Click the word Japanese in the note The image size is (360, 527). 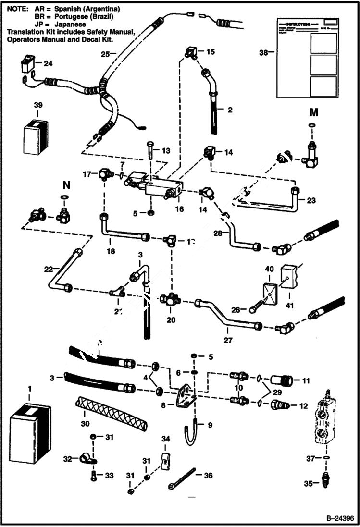71,24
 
